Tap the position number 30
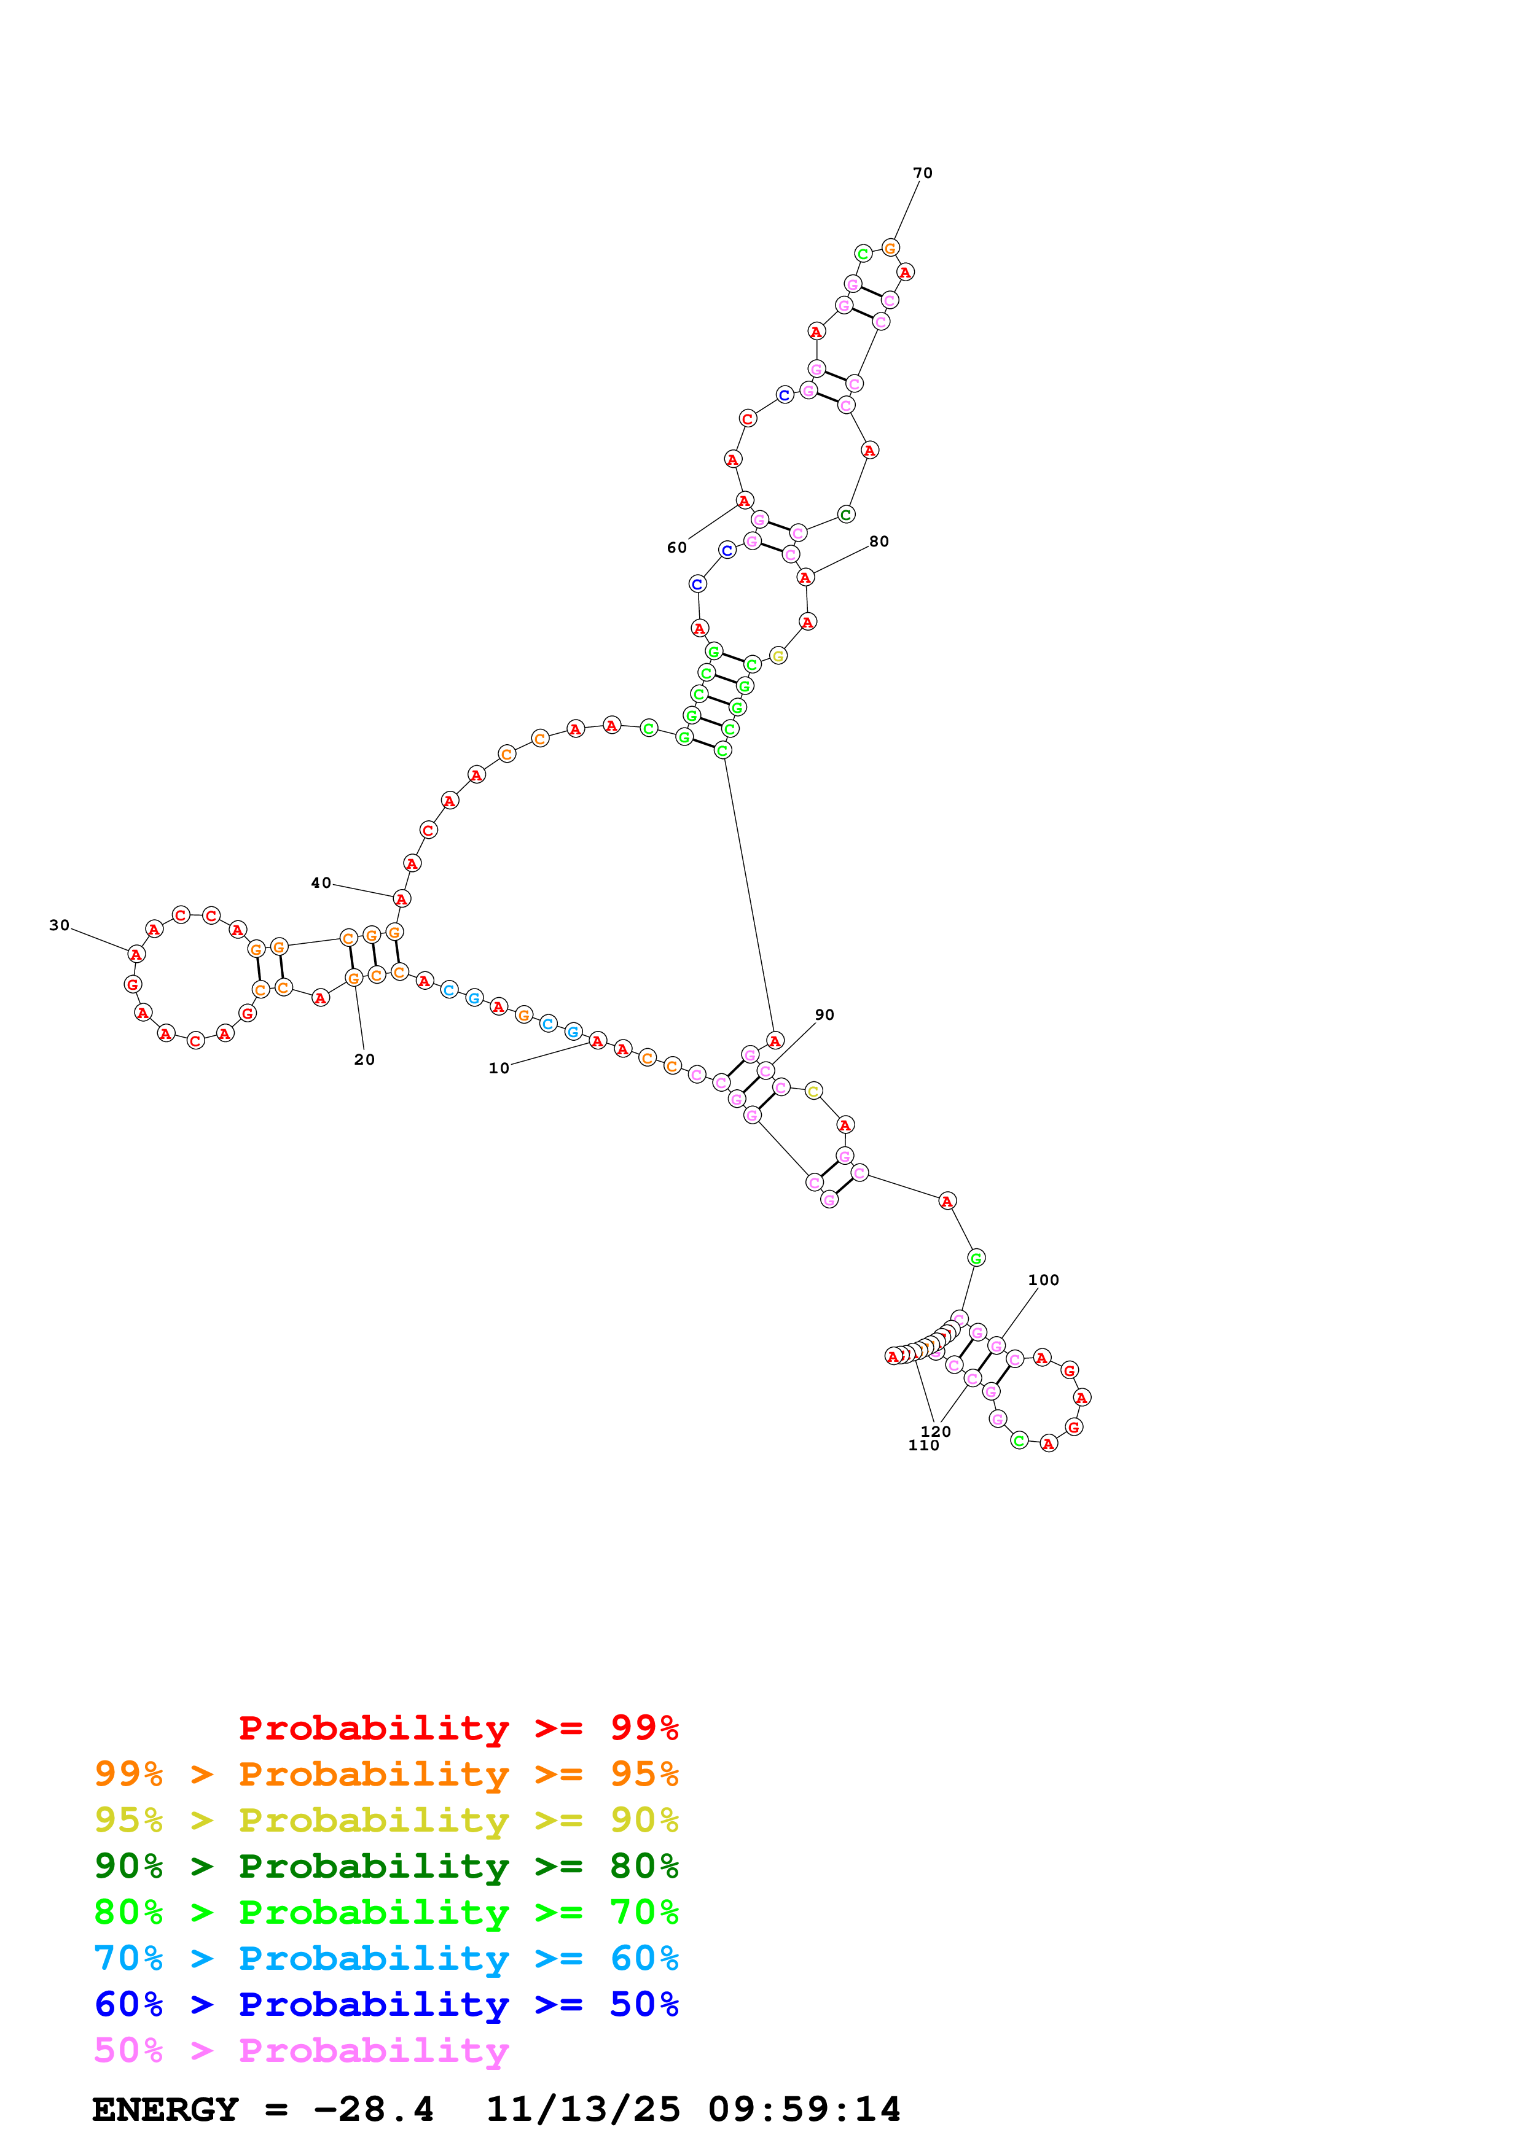tap(59, 925)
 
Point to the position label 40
tap(321, 883)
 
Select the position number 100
tap(1043, 1280)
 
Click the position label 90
tap(824, 1014)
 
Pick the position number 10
tap(498, 1068)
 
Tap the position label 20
tap(364, 1059)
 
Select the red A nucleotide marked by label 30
tap(136, 954)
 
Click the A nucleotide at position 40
tap(402, 899)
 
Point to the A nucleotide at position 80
tap(805, 577)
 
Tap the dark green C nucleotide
tap(845, 514)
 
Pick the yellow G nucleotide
tap(778, 656)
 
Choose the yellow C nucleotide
tap(813, 1090)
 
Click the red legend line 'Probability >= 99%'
tap(458, 1727)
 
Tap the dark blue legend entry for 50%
tap(386, 2004)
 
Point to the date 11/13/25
tap(583, 2109)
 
